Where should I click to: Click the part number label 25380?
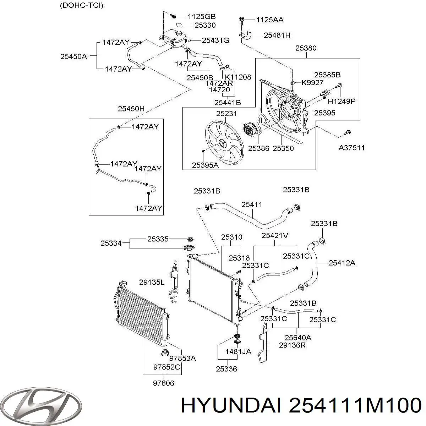click(306, 48)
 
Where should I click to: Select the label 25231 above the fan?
click(226, 114)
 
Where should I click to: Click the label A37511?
click(351, 148)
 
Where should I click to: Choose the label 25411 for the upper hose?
click(252, 204)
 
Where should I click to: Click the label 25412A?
click(342, 263)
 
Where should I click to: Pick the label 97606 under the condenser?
click(164, 383)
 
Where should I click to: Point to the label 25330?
click(205, 26)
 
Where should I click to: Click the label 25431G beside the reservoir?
click(215, 40)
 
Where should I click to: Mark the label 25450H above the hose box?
click(131, 109)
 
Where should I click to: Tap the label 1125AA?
click(270, 20)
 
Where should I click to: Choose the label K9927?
click(313, 83)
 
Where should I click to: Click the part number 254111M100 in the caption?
click(355, 405)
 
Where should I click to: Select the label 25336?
click(226, 369)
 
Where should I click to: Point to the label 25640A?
click(298, 337)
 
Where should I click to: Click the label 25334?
click(111, 243)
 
